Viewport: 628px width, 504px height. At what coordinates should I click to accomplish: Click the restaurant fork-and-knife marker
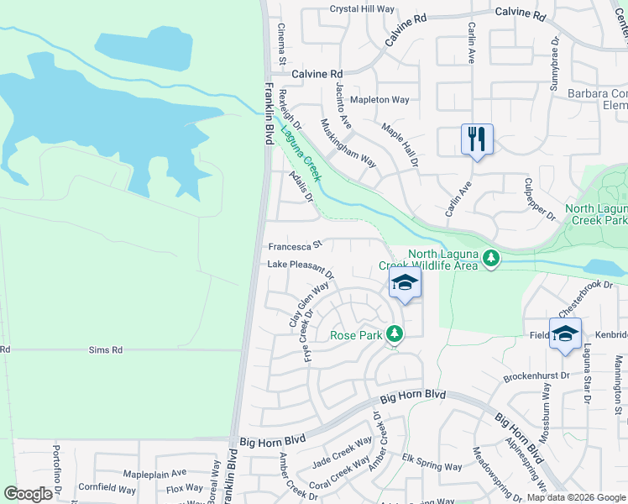click(477, 139)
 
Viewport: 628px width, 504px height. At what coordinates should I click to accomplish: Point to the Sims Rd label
click(106, 349)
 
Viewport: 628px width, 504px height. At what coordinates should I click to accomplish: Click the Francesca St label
click(295, 246)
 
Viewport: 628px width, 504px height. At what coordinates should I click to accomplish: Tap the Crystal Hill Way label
click(362, 9)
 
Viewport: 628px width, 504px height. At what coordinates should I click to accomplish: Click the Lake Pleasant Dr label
click(301, 268)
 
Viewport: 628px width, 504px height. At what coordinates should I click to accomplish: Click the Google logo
click(28, 494)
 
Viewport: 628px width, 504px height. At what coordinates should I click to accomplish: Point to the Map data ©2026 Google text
click(575, 497)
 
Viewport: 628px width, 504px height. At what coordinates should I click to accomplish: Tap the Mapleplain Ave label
click(153, 474)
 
